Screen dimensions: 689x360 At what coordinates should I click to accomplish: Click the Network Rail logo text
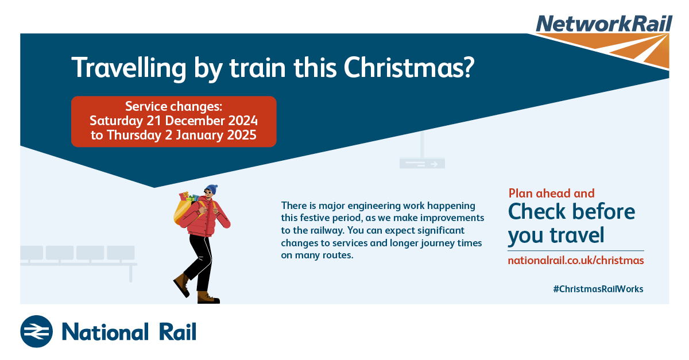(604, 24)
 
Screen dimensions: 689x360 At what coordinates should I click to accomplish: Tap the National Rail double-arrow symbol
(36, 331)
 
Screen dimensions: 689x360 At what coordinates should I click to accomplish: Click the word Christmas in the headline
(409, 68)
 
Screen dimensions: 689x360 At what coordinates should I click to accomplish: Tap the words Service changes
(173, 106)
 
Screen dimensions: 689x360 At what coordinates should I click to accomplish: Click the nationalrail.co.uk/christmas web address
(575, 260)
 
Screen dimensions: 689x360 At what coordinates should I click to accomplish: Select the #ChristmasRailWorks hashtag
(598, 289)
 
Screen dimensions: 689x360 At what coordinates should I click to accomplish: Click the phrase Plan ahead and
(551, 193)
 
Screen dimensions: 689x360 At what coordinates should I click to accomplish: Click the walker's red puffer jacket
(205, 217)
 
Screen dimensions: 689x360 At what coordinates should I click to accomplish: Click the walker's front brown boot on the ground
(208, 297)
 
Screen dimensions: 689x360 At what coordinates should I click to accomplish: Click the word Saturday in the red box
(116, 121)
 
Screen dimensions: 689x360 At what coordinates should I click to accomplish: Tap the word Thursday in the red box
(134, 136)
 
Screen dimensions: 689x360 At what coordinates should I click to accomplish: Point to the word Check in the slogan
(537, 212)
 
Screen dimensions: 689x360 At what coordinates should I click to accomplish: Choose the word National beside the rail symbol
(105, 332)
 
